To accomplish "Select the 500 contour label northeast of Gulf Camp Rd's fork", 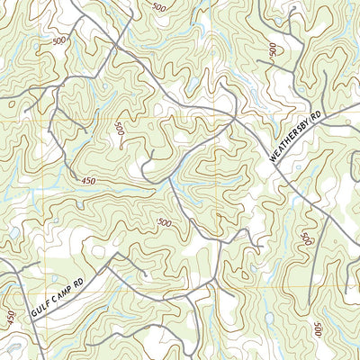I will (164, 222).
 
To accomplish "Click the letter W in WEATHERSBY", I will (272, 160).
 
